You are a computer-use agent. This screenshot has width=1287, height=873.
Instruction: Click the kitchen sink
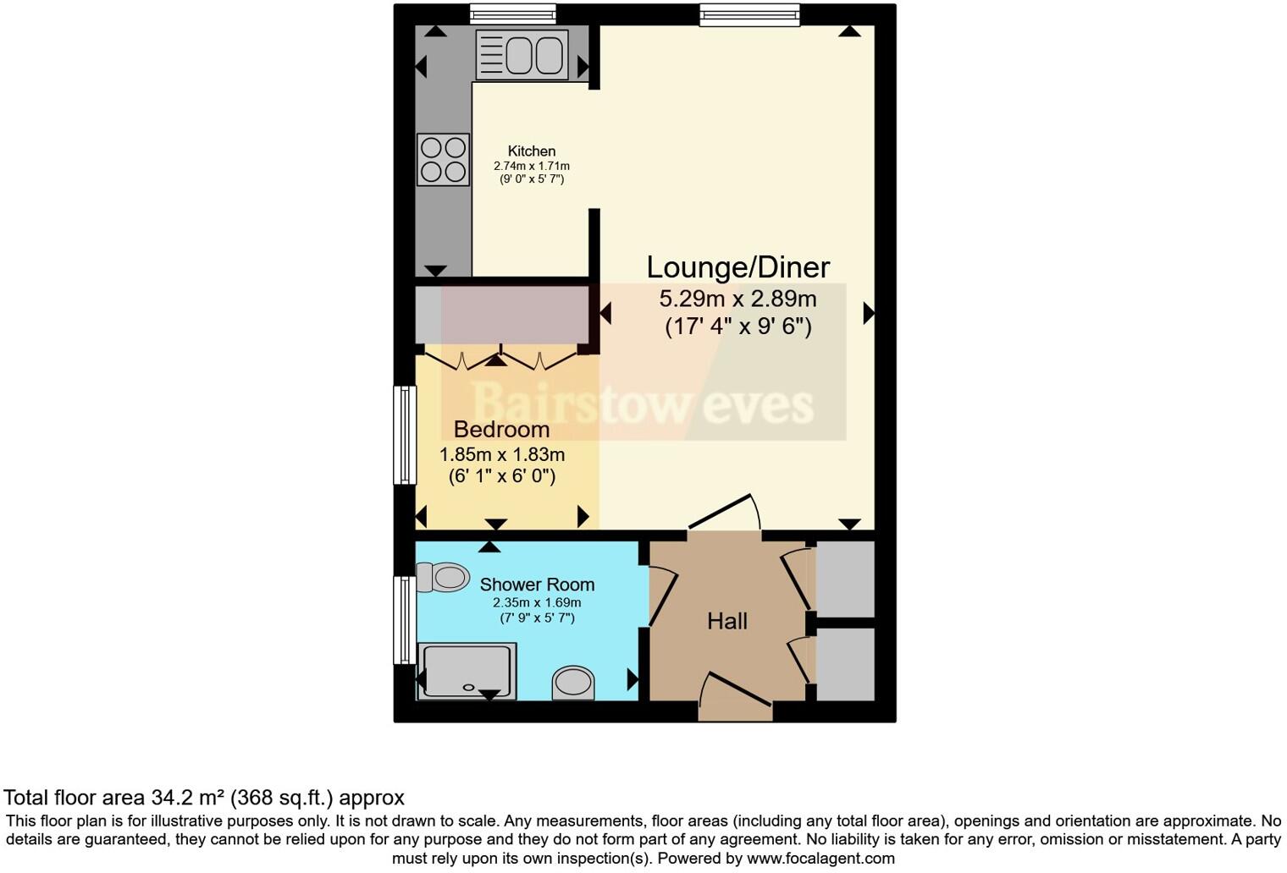point(521,55)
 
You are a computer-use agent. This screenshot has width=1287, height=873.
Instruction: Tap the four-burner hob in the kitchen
point(443,159)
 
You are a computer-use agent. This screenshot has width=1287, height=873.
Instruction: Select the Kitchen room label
point(531,151)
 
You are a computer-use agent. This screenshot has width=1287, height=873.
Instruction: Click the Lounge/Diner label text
point(737,267)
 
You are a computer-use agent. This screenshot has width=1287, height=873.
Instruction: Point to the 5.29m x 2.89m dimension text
point(737,299)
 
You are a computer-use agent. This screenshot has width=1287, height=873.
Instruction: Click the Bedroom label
point(501,429)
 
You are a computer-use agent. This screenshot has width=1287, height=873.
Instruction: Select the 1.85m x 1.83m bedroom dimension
point(501,454)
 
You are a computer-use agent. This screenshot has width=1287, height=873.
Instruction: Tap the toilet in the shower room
point(444,578)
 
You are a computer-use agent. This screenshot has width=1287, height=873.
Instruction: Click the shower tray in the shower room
point(467,671)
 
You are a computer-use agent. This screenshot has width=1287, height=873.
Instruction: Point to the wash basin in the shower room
point(573,682)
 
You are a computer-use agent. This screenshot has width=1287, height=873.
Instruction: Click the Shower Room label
point(537,585)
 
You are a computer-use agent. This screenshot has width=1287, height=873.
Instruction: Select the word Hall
point(726,622)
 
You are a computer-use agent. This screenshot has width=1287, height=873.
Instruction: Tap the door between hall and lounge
point(724,515)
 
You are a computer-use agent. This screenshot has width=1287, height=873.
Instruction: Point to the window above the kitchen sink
point(513,14)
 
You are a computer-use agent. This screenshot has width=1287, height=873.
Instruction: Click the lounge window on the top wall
point(749,14)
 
